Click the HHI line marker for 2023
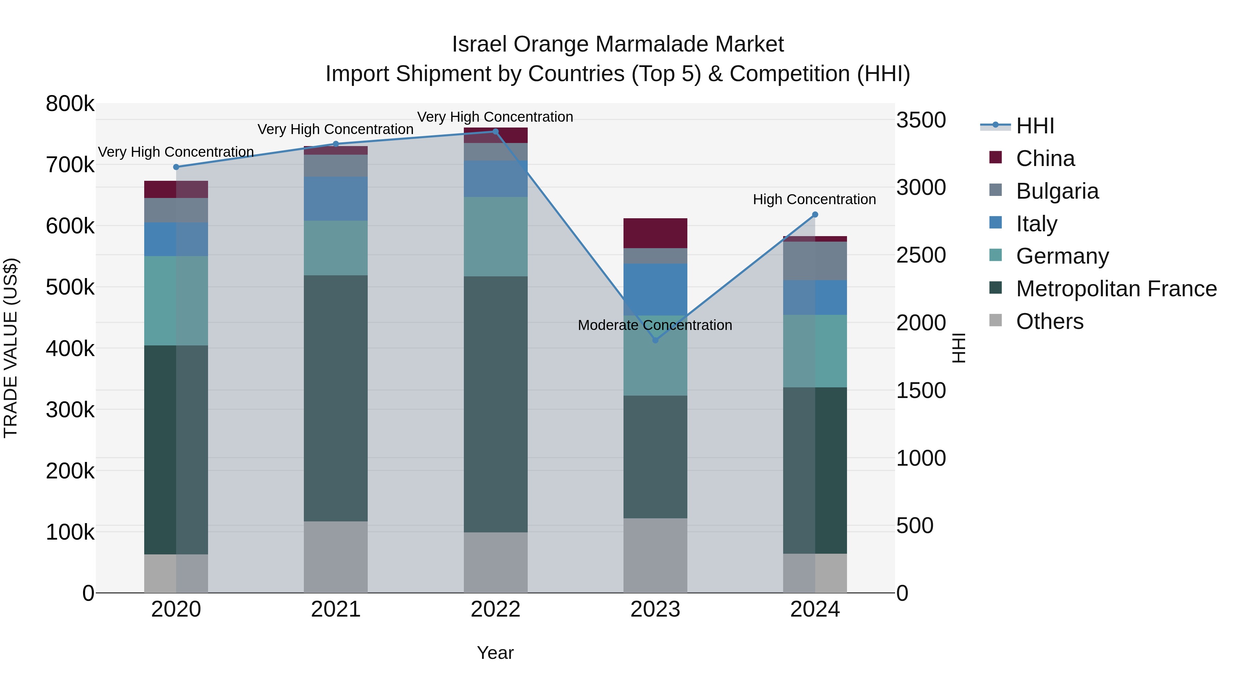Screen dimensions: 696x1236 pos(655,340)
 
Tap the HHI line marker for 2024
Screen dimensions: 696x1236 pos(815,215)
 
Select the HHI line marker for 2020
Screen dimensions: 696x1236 pos(176,167)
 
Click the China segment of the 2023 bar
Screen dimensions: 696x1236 pos(655,233)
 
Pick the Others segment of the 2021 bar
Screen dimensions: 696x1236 pos(336,557)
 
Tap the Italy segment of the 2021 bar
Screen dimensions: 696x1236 pos(336,199)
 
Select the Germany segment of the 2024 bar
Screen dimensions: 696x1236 pos(815,351)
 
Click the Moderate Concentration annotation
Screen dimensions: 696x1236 pos(655,325)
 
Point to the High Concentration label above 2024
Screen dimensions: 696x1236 pos(814,199)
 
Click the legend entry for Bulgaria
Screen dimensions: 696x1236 pos(1057,191)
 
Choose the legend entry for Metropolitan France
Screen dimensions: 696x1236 pos(1116,289)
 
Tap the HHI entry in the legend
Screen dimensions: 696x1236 pos(1035,126)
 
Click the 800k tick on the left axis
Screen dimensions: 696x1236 pos(70,104)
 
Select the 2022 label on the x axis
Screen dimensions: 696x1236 pos(496,609)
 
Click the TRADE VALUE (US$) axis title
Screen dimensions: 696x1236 pos(11,348)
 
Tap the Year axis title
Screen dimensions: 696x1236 pos(495,653)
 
